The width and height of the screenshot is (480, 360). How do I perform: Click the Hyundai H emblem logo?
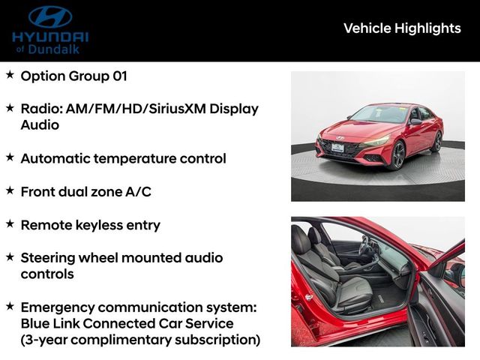click(x=49, y=16)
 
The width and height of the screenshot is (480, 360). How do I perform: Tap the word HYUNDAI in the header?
click(x=50, y=36)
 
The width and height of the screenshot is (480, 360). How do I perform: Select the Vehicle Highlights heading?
click(x=402, y=28)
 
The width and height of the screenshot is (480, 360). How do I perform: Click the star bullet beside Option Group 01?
click(x=10, y=75)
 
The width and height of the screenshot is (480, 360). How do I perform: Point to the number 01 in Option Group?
click(x=116, y=76)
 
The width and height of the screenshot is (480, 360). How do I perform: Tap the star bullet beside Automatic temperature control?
click(x=10, y=157)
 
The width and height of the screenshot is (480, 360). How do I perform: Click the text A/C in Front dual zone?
click(x=138, y=192)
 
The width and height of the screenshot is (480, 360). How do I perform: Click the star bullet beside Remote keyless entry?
click(x=10, y=223)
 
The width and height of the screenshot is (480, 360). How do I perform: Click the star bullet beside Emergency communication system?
click(x=10, y=306)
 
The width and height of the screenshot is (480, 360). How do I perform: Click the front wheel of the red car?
click(x=397, y=155)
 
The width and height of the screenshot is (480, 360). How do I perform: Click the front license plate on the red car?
click(x=337, y=148)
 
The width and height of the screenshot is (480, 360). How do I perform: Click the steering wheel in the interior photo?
click(x=367, y=247)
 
